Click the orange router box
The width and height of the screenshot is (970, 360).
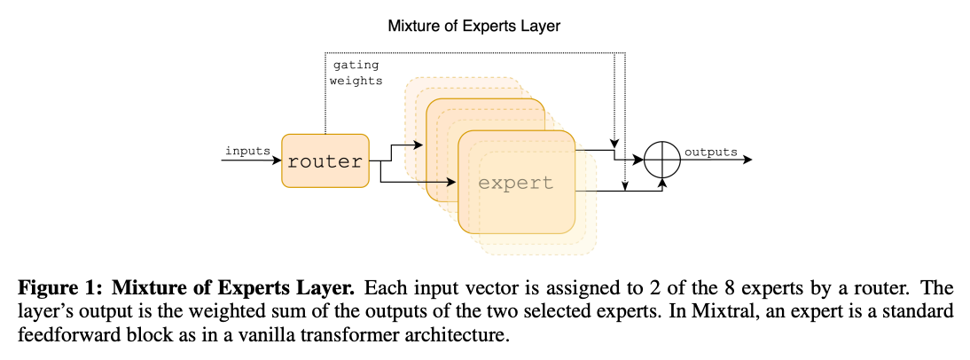(325, 160)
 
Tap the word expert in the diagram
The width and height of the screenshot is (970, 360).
(515, 184)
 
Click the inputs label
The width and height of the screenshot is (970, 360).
(247, 151)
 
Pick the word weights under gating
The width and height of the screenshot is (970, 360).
(356, 81)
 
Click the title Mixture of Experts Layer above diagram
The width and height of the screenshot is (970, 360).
(474, 26)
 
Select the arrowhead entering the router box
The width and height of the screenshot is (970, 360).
(277, 160)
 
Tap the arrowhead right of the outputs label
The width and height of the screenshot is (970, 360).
(748, 160)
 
